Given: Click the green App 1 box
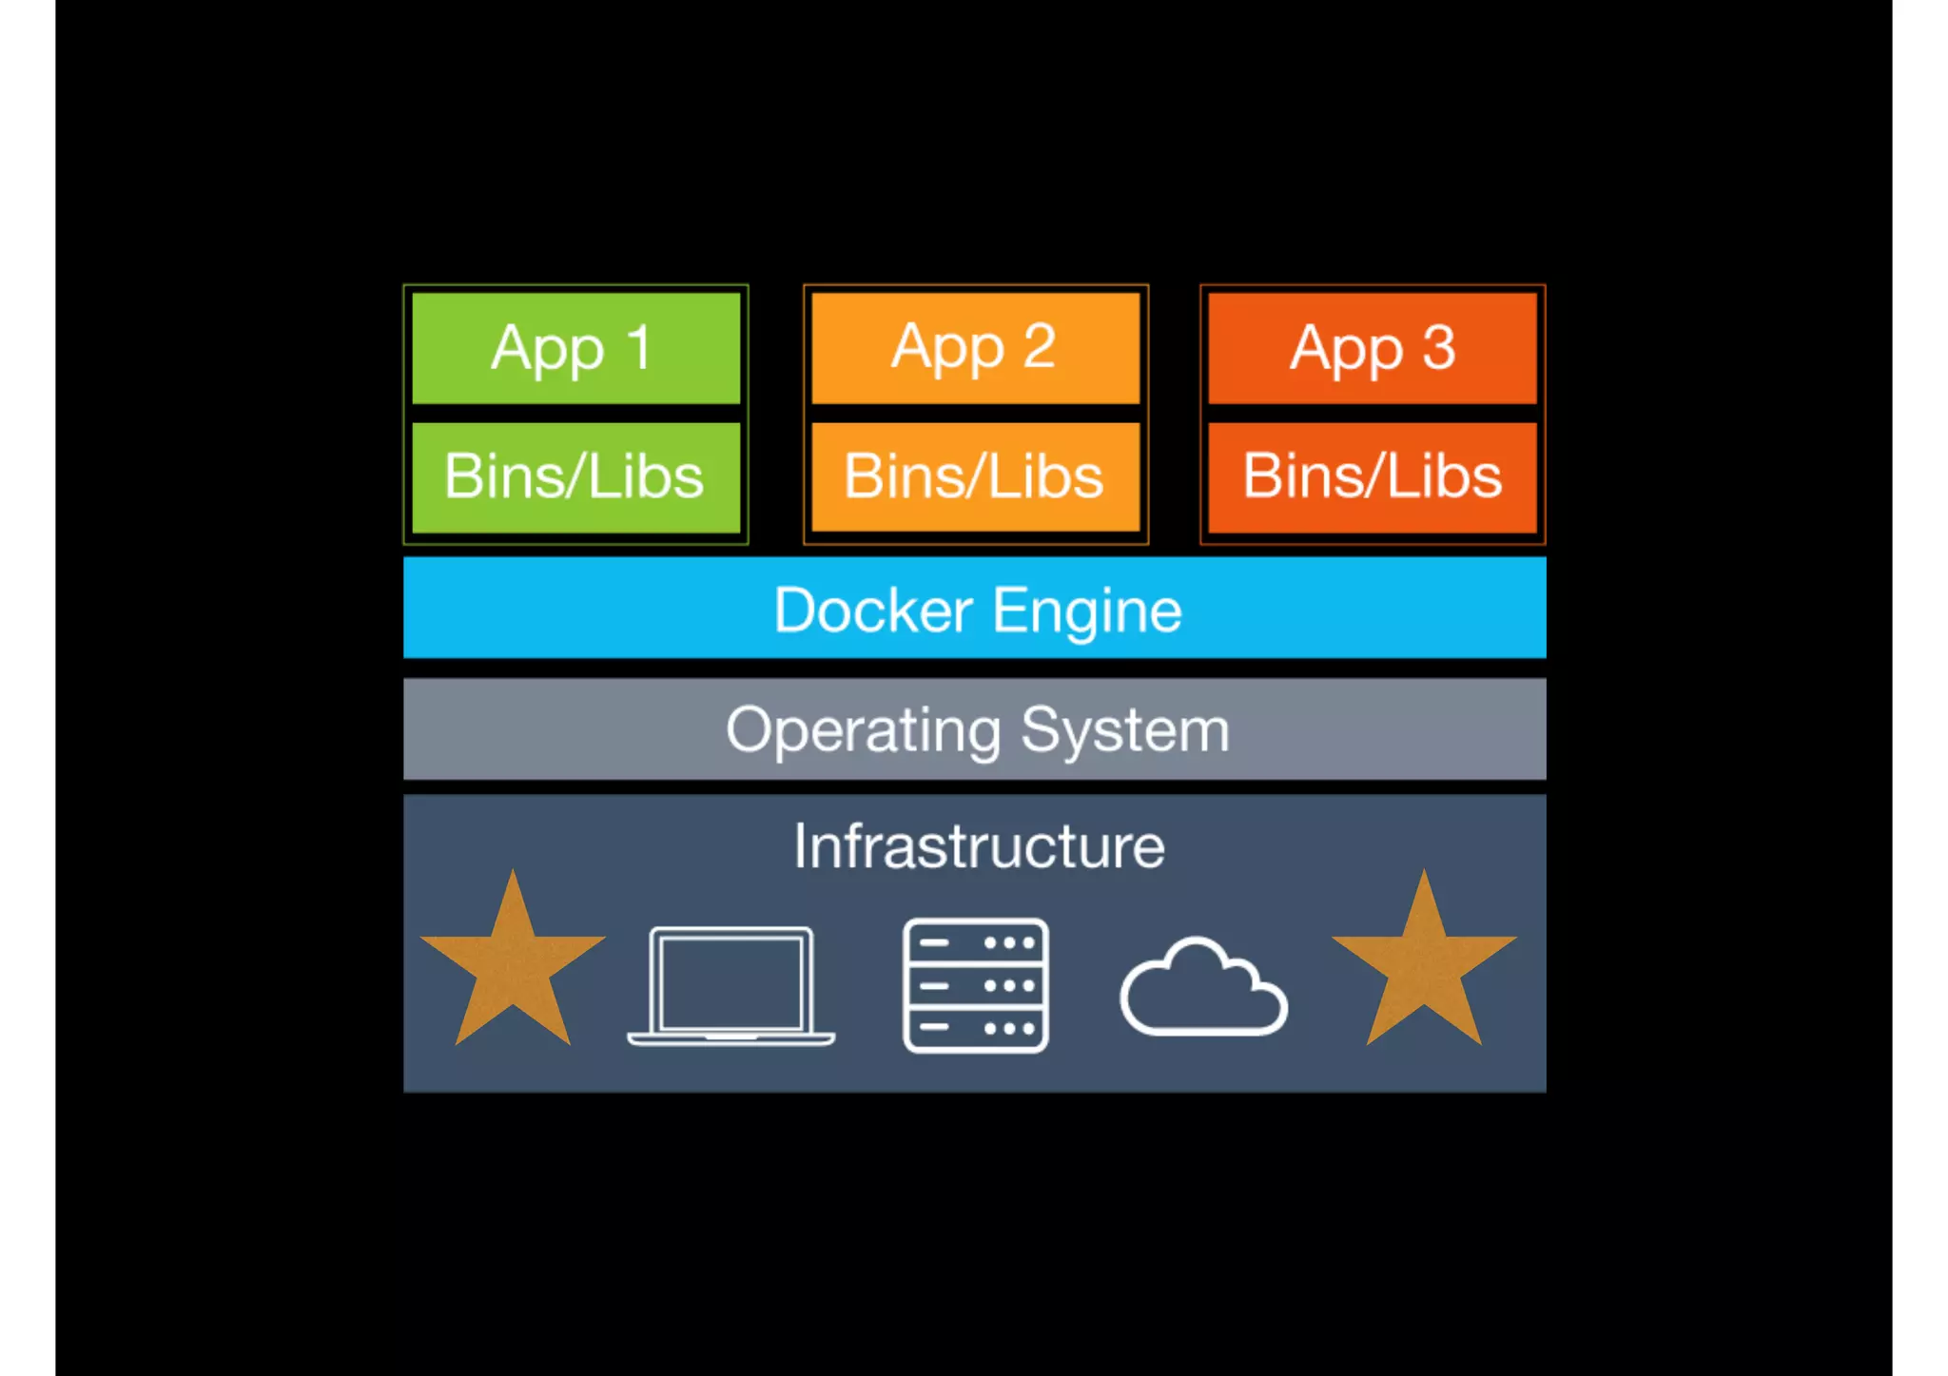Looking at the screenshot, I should tap(575, 348).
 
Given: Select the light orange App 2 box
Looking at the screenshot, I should tap(975, 348).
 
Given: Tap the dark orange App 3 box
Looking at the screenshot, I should tap(1372, 348).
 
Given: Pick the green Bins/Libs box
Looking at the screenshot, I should tap(575, 477).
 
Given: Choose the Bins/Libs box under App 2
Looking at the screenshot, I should tap(975, 477).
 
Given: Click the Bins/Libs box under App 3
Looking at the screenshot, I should tap(1372, 477).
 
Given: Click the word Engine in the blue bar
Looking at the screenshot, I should tap(1087, 611).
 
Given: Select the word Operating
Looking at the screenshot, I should tap(863, 731).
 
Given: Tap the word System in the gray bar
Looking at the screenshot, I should tap(1125, 731).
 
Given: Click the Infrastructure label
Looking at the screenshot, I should tap(979, 846).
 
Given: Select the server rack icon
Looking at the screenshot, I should tap(975, 985).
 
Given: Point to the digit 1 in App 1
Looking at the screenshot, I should tap(638, 347).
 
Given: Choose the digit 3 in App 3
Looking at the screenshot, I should tap(1438, 347).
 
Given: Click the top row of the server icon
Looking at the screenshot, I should tap(975, 943).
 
